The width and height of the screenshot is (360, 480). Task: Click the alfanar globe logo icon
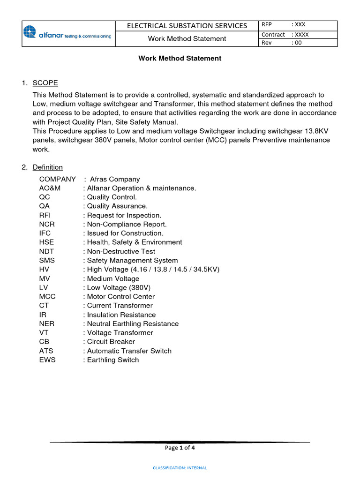coord(30,32)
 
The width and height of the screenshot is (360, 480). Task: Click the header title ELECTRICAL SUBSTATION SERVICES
coord(187,25)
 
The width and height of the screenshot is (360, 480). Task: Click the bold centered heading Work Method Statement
coord(180,59)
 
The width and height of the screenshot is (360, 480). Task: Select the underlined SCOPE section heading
coord(45,83)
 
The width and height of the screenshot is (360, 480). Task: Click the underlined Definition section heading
coord(47,167)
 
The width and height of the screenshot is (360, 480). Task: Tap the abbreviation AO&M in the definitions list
coord(50,188)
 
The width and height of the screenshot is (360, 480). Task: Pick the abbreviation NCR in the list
coord(47,224)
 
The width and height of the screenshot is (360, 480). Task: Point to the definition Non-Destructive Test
coord(120,251)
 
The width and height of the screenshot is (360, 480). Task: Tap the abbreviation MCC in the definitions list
coord(47,297)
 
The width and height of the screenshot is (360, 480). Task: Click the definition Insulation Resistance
coord(121,315)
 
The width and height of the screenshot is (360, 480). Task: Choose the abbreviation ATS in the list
coord(47,351)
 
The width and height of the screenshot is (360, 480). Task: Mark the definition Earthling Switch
coord(112,360)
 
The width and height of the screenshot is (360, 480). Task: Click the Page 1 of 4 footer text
coord(180,448)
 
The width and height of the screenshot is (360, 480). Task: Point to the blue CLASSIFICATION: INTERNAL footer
coord(180,468)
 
